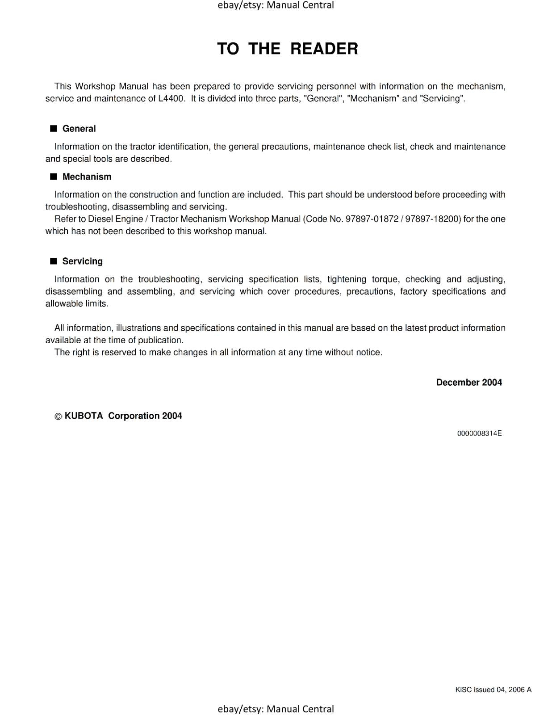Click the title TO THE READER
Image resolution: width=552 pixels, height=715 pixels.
pyautogui.click(x=287, y=49)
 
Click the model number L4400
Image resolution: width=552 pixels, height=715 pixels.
pyautogui.click(x=171, y=99)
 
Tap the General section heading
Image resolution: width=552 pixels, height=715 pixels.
pyautogui.click(x=79, y=129)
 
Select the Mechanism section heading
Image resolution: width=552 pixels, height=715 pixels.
pyautogui.click(x=87, y=177)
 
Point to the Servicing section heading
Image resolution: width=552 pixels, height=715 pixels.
pyautogui.click(x=82, y=261)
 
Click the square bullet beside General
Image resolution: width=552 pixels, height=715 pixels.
pyautogui.click(x=54, y=129)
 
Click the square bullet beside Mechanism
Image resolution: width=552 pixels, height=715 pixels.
pyautogui.click(x=54, y=177)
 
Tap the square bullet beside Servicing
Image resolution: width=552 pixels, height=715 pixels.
pyautogui.click(x=54, y=261)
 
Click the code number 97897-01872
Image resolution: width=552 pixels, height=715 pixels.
pyautogui.click(x=372, y=219)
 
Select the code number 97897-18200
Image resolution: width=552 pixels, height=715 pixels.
pyautogui.click(x=432, y=219)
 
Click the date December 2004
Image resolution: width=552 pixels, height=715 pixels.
pyautogui.click(x=468, y=383)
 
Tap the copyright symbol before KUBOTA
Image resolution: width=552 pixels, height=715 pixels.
pyautogui.click(x=58, y=416)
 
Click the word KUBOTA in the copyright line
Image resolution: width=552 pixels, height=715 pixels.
pyautogui.click(x=84, y=416)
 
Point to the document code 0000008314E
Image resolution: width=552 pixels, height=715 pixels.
pyautogui.click(x=479, y=433)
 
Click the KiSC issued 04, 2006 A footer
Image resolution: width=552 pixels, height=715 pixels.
pyautogui.click(x=493, y=690)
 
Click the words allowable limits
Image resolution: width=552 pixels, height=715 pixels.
pyautogui.click(x=76, y=304)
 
